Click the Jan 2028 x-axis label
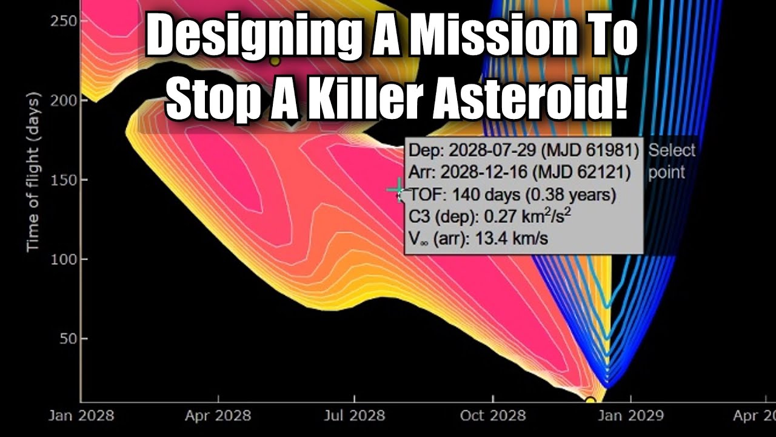(x=80, y=416)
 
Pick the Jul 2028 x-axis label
(x=355, y=416)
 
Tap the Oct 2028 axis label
(x=493, y=416)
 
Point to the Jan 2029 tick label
(x=630, y=416)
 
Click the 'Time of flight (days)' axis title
(x=33, y=172)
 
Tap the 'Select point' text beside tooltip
(x=671, y=161)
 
